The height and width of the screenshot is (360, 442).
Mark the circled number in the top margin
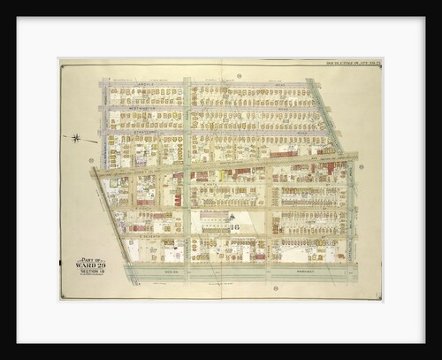point(240,76)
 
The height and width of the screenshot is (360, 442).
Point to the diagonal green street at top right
point(325,115)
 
